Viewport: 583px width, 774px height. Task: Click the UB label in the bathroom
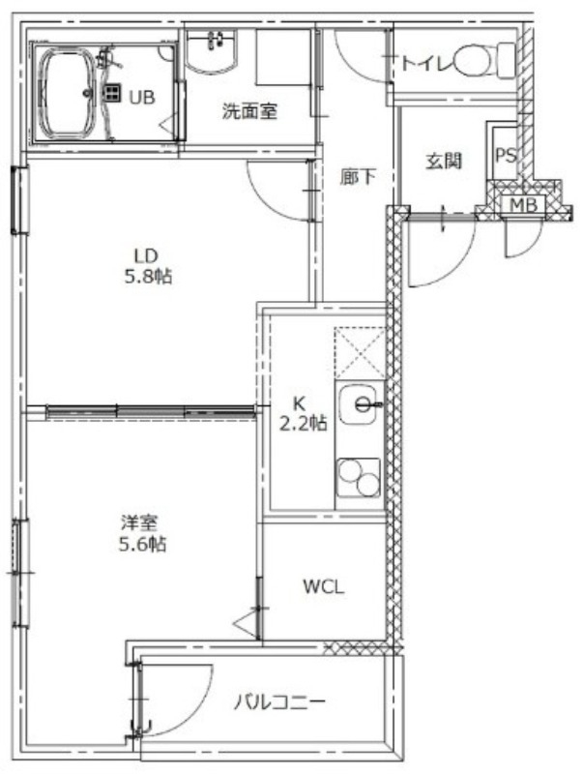[142, 96]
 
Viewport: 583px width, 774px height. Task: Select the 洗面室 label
[249, 111]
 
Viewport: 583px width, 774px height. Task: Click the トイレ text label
[426, 64]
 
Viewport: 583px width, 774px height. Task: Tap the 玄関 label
[443, 161]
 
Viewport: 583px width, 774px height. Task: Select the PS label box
[505, 156]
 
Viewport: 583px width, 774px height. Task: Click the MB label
[523, 205]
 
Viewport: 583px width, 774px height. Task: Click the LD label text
[145, 256]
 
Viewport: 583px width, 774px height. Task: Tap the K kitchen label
[300, 404]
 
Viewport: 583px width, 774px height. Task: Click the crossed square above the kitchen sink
[359, 352]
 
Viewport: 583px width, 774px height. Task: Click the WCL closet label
[324, 586]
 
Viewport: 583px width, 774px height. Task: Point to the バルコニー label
[277, 701]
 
